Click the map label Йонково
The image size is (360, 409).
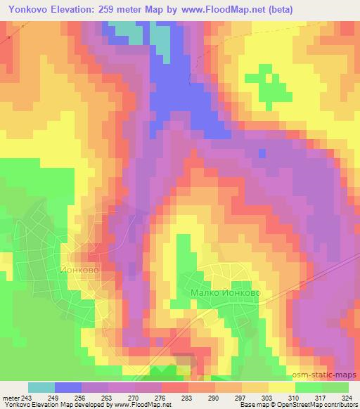coord(89,268)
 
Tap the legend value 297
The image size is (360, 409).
coord(241,398)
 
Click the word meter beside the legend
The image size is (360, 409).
coord(10,398)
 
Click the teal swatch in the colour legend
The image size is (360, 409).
coord(41,387)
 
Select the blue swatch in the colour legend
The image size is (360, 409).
coord(67,387)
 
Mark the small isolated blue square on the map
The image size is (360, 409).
coord(262,152)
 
